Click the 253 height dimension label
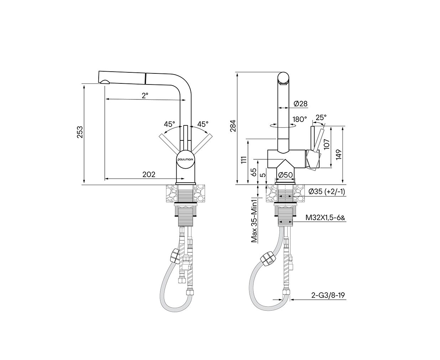coord(80,132)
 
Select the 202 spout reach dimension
coord(149,174)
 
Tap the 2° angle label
coord(145,96)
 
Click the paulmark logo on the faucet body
coord(186,159)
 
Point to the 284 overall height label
coord(233,126)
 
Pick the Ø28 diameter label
coord(301,104)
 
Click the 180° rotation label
coord(300,119)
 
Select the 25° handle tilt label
coord(321,118)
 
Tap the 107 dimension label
coord(326,144)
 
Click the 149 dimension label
coord(338,155)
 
